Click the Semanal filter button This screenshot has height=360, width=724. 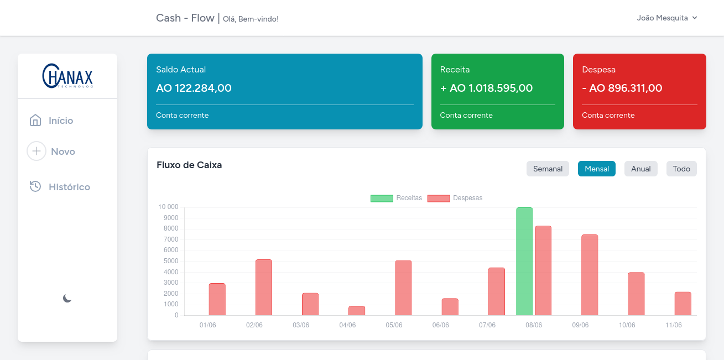[548, 169]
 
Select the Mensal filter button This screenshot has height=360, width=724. [597, 169]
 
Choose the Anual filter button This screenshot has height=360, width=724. [641, 169]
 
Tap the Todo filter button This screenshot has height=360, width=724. [681, 169]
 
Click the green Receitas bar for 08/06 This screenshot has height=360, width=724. [524, 262]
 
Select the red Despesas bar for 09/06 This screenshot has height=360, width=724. [590, 275]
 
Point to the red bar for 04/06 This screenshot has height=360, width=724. [357, 311]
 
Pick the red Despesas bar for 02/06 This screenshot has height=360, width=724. [264, 288]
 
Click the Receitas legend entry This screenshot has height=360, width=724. [396, 198]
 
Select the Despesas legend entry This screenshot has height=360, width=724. [455, 198]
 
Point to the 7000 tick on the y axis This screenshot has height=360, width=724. [171, 239]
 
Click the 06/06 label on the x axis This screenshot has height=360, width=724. [441, 325]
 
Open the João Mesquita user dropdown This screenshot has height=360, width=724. [666, 18]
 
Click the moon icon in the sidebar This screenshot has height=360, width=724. [67, 298]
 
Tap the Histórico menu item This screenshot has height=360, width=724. [60, 187]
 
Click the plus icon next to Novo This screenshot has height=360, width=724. [37, 151]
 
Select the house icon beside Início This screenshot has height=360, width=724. [35, 120]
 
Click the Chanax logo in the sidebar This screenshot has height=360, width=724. [67, 76]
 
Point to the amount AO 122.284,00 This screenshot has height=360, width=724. [194, 88]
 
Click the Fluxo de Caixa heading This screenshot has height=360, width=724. [189, 165]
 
